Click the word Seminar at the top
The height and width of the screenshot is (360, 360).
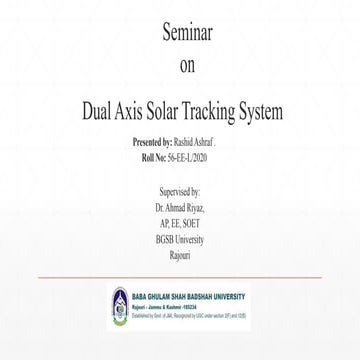(180, 33)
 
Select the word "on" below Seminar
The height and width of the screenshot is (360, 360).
(180, 68)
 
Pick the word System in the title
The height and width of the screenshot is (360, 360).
(293, 109)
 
